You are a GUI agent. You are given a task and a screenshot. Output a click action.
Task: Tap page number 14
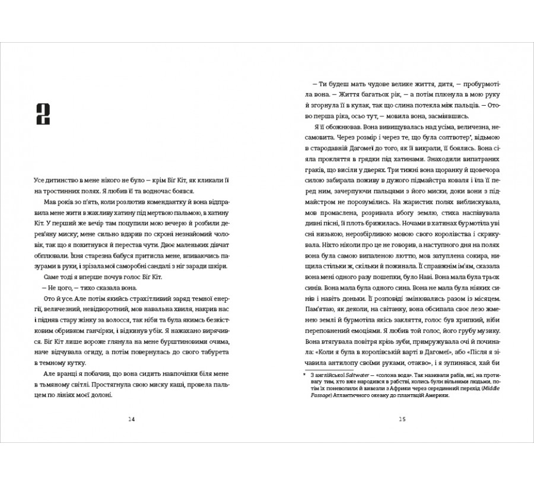132,419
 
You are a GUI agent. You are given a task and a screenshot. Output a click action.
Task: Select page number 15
402,419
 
